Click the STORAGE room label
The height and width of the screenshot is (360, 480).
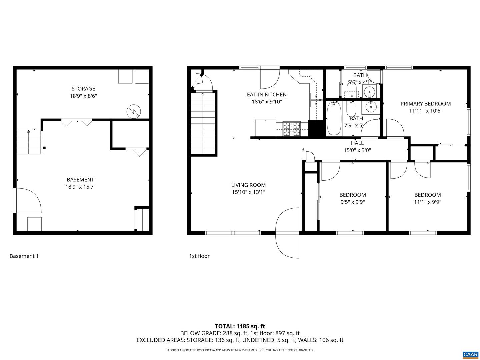coord(83,89)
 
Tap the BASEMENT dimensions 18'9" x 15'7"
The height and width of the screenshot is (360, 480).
coord(80,187)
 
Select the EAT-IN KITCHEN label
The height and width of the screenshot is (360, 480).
coord(267,95)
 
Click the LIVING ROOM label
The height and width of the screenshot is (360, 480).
coord(248,185)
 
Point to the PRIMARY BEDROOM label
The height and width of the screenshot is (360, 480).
coord(425,104)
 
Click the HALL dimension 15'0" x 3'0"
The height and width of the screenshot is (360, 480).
coord(357,150)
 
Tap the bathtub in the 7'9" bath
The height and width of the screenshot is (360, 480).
coord(334,118)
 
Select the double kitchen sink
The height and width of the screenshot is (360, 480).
coord(315,100)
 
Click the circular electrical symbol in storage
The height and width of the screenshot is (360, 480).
coord(134,112)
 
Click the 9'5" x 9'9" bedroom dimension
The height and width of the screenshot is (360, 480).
coord(352,202)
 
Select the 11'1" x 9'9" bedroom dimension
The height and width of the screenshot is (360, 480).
coord(427,202)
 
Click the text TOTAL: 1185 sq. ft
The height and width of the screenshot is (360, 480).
coord(240,326)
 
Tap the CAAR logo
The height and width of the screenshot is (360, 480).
coord(470,354)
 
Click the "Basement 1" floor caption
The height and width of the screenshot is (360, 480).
coord(24,256)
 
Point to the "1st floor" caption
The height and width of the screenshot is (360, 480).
coord(199,256)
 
